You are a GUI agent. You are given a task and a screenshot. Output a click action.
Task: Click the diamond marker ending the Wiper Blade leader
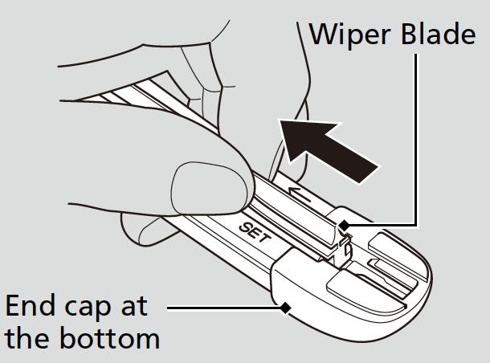344,226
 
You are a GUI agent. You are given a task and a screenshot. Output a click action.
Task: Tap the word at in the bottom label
151,307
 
